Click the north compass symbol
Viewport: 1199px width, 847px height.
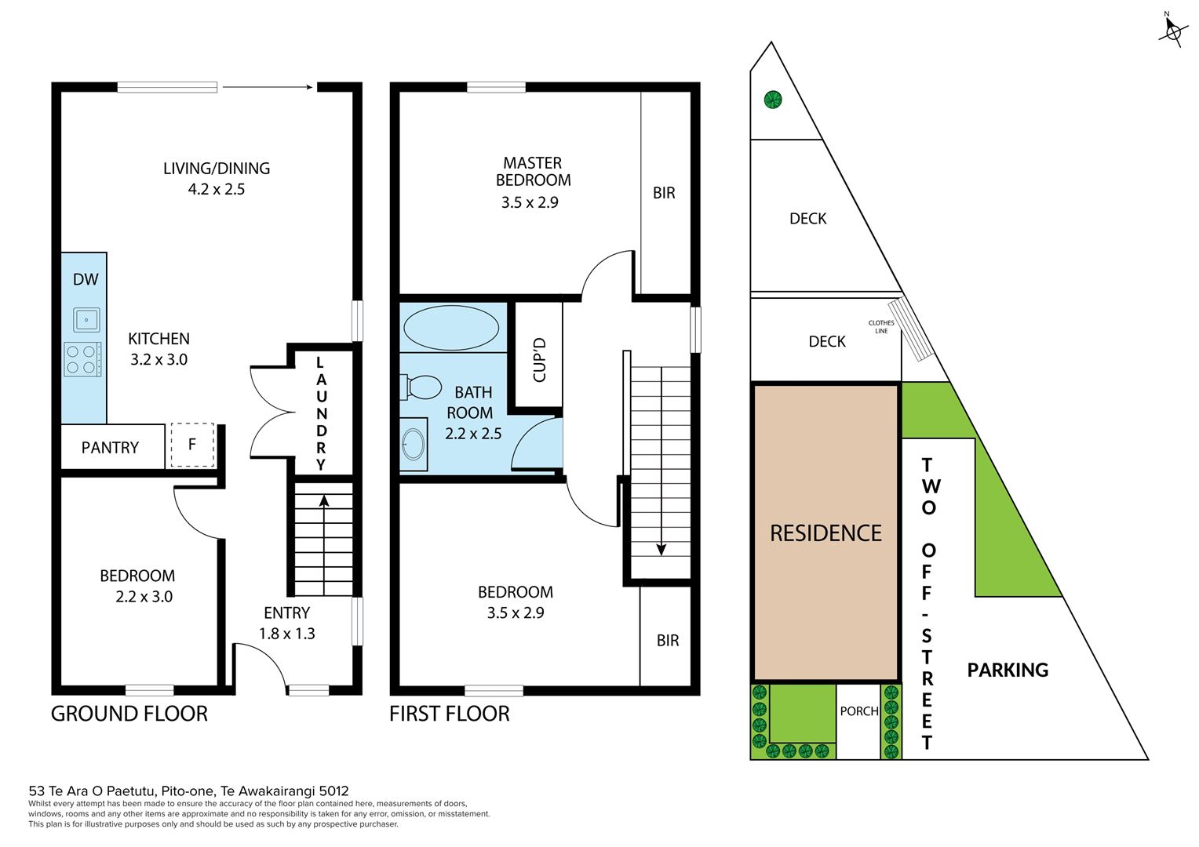coord(1172,30)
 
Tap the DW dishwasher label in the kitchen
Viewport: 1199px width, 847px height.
coord(86,279)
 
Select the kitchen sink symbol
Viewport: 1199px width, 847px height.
coord(86,320)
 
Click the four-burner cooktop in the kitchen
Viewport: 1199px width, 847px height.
coord(82,359)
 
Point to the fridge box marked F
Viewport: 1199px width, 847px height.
coord(191,445)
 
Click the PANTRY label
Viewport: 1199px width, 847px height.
coord(110,448)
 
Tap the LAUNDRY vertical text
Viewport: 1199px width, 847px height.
coord(320,413)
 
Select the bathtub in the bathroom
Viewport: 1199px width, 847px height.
coord(450,328)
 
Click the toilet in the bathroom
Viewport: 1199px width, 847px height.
coord(421,387)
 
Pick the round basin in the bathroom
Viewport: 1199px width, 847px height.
coord(413,445)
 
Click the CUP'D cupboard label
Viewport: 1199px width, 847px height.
coord(539,360)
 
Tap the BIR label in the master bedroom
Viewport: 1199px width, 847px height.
coord(664,193)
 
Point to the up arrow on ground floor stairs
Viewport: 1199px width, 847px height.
coord(323,502)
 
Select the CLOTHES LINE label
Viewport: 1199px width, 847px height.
coord(881,327)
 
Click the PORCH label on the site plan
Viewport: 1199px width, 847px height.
coord(859,711)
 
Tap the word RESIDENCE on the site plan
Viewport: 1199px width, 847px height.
coord(825,533)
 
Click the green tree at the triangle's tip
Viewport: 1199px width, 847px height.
coord(773,100)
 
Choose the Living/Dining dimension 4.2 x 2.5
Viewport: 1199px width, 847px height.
coord(217,189)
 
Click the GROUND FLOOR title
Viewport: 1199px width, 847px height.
coord(129,714)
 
